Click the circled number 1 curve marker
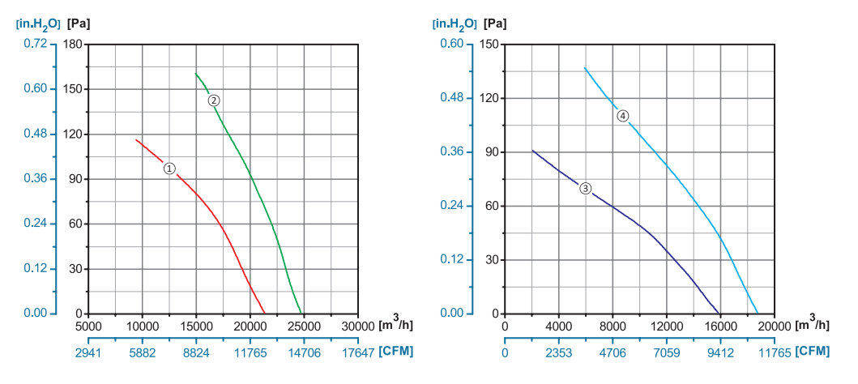point(169,169)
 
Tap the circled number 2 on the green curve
point(214,100)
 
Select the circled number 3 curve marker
point(586,189)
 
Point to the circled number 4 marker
point(622,116)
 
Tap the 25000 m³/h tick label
point(304,326)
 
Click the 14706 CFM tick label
point(304,353)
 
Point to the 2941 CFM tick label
point(88,353)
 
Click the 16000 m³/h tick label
point(720,326)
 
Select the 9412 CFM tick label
point(720,353)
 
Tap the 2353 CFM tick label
point(559,353)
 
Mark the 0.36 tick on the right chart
point(450,151)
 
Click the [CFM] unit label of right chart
point(813,352)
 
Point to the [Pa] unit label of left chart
point(79,23)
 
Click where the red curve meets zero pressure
point(265,314)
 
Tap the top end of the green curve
point(195,74)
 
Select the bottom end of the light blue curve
point(758,313)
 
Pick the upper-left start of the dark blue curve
point(532,150)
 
